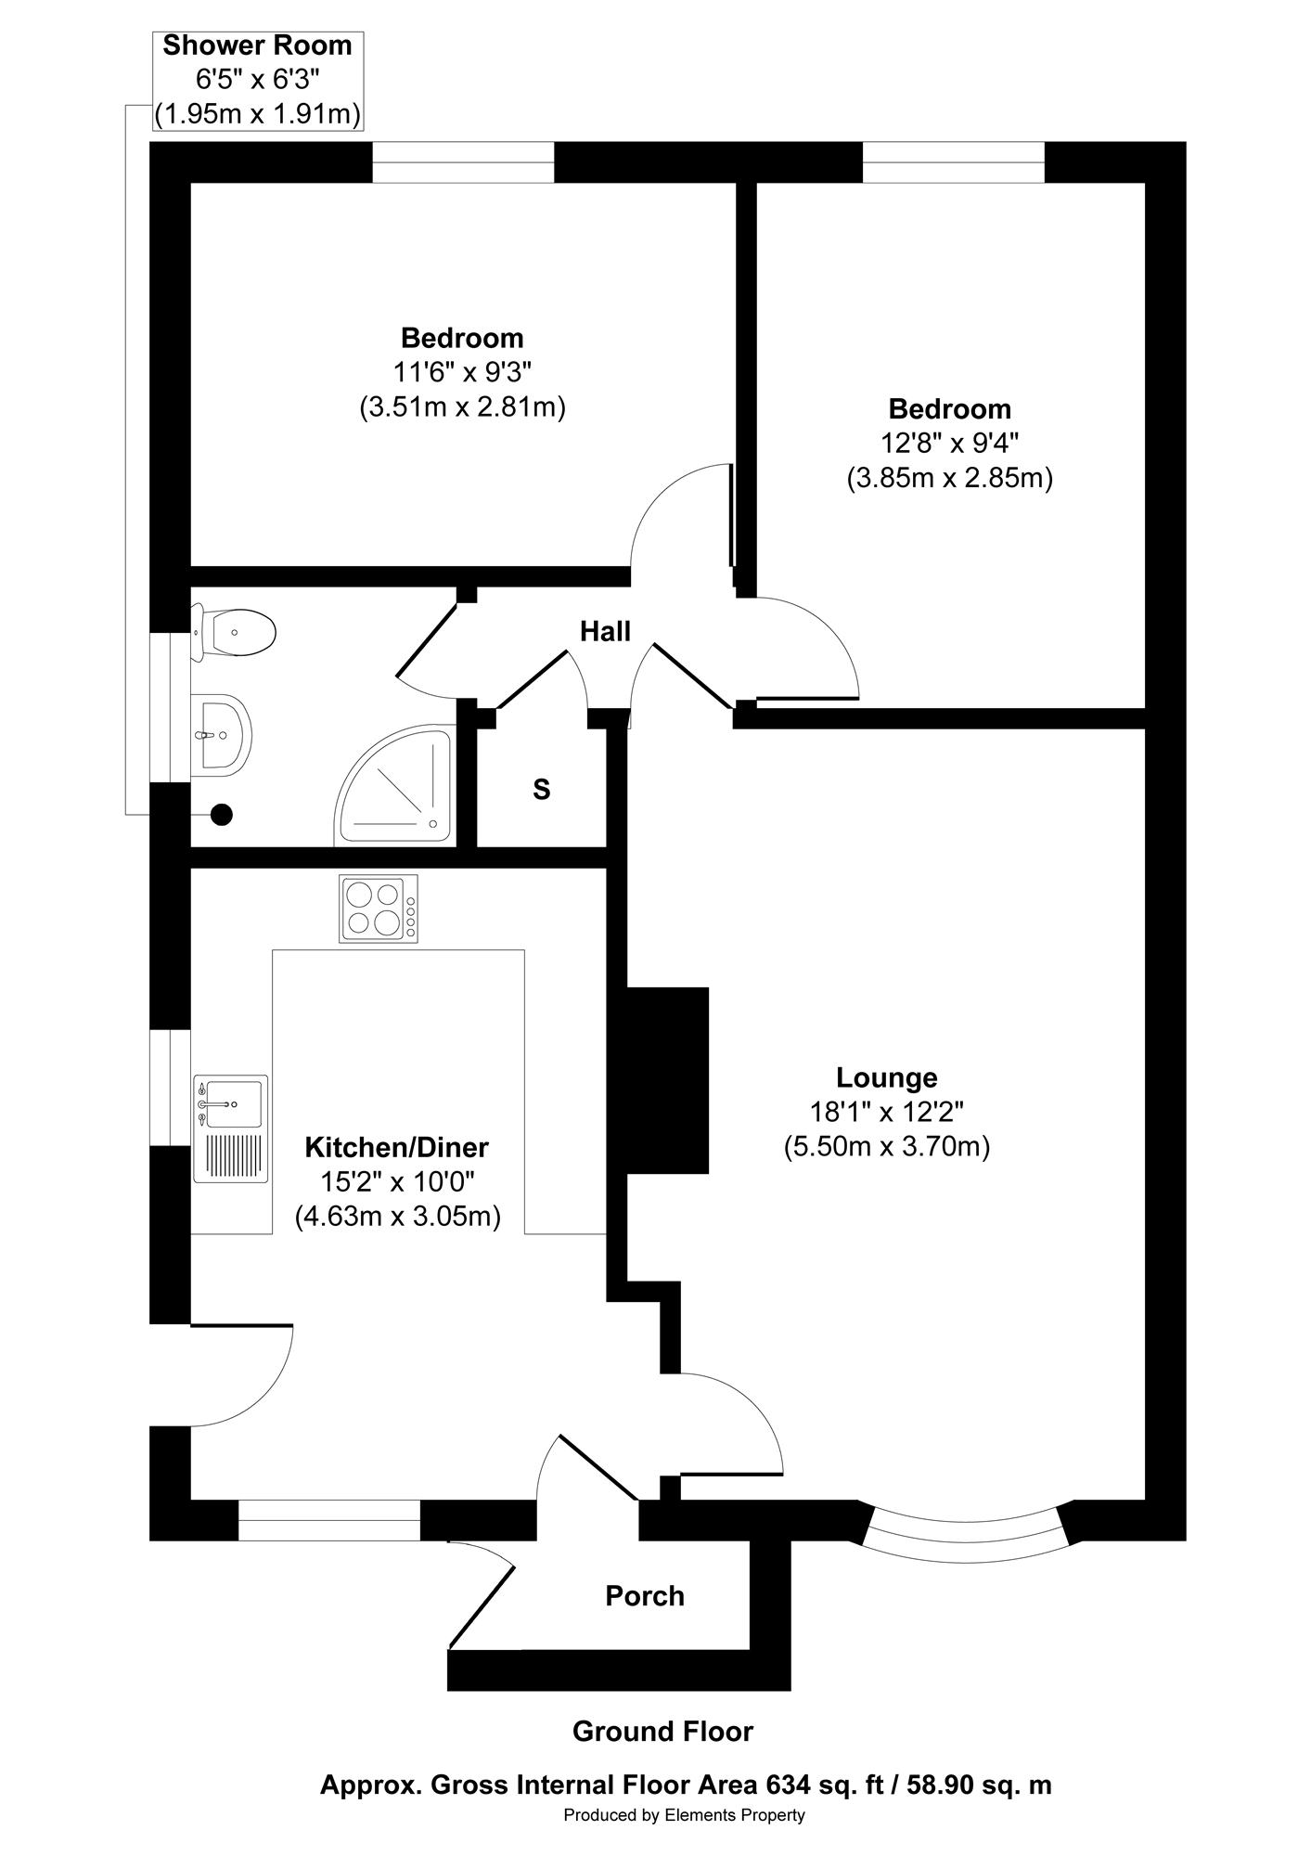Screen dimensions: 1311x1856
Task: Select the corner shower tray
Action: tap(395, 785)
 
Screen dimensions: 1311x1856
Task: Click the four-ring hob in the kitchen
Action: tap(379, 909)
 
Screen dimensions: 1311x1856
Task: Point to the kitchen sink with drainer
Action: tap(231, 1128)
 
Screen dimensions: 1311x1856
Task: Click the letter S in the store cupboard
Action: tap(542, 790)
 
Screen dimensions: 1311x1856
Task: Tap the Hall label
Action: tap(605, 632)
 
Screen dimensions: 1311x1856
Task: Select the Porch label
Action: tap(645, 1596)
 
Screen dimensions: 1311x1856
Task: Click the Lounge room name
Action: tap(887, 1077)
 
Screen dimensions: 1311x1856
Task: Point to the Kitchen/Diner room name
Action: tap(397, 1148)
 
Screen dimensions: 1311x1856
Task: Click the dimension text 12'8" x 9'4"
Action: tap(949, 444)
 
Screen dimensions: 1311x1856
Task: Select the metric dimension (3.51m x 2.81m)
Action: tap(463, 407)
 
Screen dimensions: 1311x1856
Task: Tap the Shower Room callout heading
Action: tap(257, 45)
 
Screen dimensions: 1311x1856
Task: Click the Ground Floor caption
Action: tap(662, 1732)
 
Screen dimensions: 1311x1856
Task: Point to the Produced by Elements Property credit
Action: tap(685, 1815)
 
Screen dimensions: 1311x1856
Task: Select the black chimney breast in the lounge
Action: tap(668, 1080)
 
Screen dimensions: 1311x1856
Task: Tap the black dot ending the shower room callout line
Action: tap(221, 815)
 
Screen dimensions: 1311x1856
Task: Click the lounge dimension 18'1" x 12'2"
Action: tap(887, 1112)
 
